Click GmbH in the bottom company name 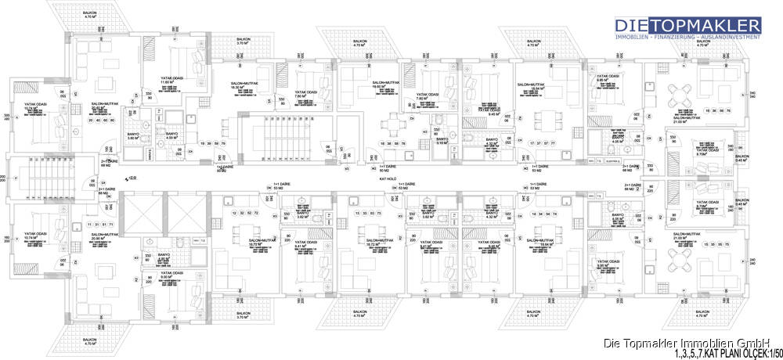point(758,342)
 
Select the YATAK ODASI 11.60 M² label point(171,79)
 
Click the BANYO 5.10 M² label point(442,141)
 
